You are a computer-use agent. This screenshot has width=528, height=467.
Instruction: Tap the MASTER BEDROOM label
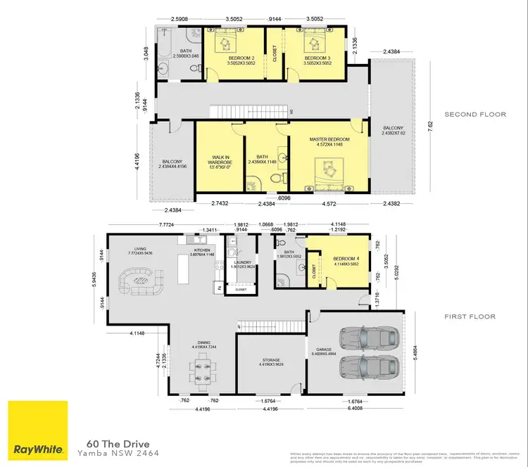329,139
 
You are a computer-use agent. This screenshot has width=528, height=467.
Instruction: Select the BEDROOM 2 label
234,58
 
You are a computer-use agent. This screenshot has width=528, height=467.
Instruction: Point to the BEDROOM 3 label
315,58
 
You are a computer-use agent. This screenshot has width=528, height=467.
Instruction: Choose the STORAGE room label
271,359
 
